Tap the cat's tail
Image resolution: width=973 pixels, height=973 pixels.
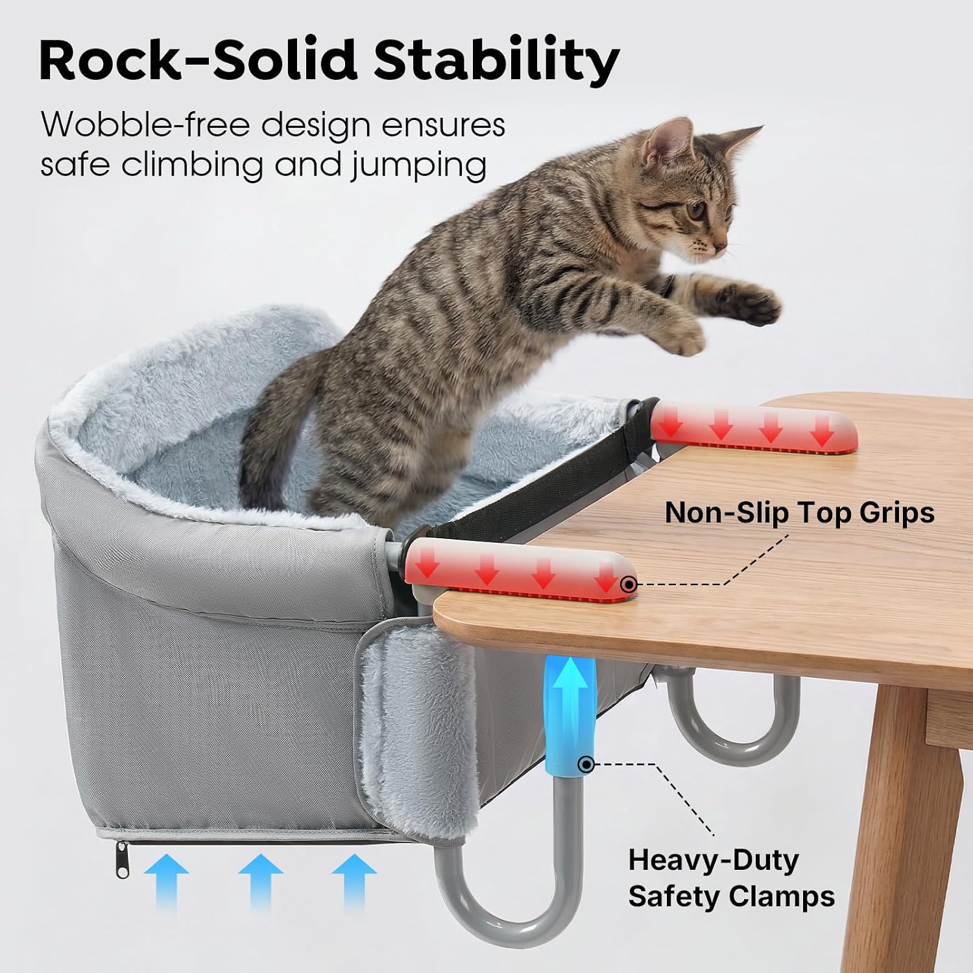tap(276, 422)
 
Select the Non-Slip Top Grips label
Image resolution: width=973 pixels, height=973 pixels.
tap(799, 512)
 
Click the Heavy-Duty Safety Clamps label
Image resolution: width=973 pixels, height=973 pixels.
tap(731, 878)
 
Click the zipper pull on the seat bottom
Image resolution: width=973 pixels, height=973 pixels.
tap(121, 858)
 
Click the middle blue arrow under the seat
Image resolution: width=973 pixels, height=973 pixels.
tap(260, 882)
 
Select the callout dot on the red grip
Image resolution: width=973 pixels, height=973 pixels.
tap(628, 584)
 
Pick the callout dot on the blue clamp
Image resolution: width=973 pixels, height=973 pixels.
tap(586, 764)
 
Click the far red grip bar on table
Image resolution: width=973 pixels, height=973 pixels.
tap(754, 425)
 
